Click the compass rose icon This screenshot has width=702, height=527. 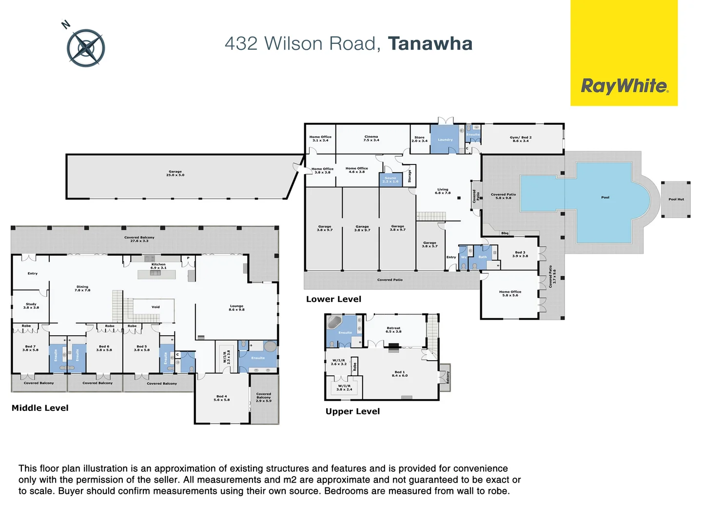[x=86, y=48]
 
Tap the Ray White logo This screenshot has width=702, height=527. [x=624, y=86]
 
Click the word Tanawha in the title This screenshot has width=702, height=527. [x=430, y=43]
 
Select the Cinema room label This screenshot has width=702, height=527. [x=371, y=139]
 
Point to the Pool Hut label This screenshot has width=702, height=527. [x=676, y=199]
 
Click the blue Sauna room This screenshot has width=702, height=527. [x=390, y=180]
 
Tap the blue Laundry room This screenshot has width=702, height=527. [x=445, y=140]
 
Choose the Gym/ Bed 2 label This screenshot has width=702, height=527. [x=520, y=139]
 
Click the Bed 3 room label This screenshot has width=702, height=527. [x=520, y=254]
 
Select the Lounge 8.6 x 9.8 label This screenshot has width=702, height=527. [x=236, y=308]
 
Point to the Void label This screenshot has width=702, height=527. [x=156, y=307]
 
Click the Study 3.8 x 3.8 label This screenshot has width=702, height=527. [x=31, y=306]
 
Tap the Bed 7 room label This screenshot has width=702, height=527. [x=30, y=348]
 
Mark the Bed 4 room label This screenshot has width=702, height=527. [x=221, y=398]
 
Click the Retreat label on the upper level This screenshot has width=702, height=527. [x=393, y=330]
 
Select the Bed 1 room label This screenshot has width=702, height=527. [x=399, y=374]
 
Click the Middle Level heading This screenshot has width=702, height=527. [x=40, y=408]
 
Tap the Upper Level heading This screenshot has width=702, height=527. [x=352, y=411]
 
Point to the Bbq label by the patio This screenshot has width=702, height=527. [x=505, y=233]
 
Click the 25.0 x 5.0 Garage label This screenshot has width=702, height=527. [x=175, y=173]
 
